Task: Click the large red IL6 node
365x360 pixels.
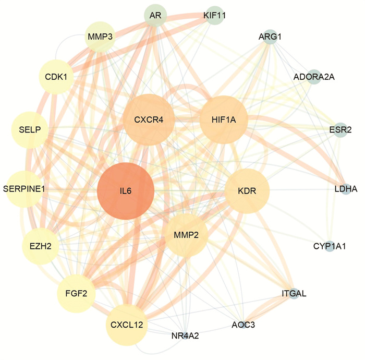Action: tap(126, 191)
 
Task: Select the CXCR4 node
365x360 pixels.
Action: tap(149, 119)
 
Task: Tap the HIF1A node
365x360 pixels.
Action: tap(224, 119)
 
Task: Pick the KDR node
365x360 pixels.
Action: tap(247, 191)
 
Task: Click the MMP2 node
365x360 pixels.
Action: tap(186, 235)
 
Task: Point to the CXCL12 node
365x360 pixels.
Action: tap(127, 325)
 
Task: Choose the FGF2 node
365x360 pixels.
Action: tap(76, 293)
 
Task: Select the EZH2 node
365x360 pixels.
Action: tap(41, 246)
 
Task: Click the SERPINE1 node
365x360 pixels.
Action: tap(24, 189)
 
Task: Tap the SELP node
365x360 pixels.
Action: tap(30, 130)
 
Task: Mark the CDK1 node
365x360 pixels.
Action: tap(56, 77)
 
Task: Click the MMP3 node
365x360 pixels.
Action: tap(100, 37)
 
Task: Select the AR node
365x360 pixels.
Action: tap(155, 15)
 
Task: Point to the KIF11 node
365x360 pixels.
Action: tap(215, 15)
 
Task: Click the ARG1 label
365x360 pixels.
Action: tap(270, 37)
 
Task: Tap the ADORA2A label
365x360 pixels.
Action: tap(314, 77)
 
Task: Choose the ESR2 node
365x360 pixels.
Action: tap(340, 130)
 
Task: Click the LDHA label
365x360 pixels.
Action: tap(346, 189)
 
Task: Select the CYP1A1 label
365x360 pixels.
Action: tap(330, 246)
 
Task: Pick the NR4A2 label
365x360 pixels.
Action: tap(185, 336)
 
